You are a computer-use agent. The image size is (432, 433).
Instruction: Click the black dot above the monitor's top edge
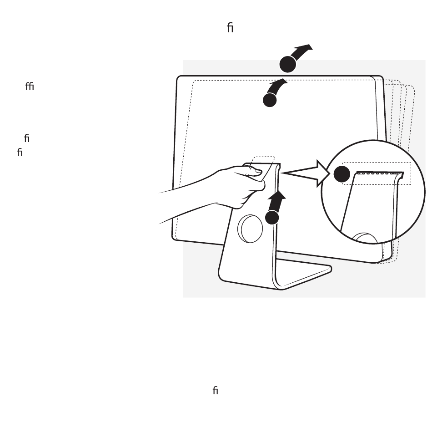point(287,64)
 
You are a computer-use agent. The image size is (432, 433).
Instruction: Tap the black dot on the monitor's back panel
point(270,100)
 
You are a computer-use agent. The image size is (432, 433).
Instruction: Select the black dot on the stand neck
point(272,217)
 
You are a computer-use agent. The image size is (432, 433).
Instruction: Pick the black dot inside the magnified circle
point(342,174)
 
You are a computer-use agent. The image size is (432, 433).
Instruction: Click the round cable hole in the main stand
point(251,228)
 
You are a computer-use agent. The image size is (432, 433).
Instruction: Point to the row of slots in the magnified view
point(379,173)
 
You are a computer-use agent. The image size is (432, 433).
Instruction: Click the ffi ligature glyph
point(30,87)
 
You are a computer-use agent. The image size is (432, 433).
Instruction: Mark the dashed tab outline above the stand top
point(263,160)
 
